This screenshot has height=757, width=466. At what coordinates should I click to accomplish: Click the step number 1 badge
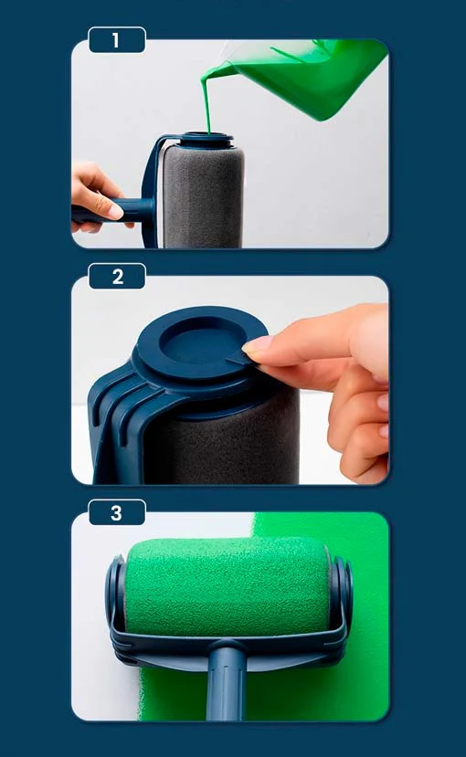coord(117,40)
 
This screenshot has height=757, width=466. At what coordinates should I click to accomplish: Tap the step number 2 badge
coord(117,276)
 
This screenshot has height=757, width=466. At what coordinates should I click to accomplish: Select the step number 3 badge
coord(117,512)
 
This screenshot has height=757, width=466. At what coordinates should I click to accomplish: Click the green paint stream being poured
coord(207,101)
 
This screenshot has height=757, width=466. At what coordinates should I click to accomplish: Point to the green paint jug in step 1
coord(309,78)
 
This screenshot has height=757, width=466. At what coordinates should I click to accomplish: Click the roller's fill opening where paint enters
coord(207,136)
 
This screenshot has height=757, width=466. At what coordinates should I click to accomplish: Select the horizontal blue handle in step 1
coord(116,211)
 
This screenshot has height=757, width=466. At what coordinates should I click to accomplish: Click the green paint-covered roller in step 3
coord(227,585)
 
